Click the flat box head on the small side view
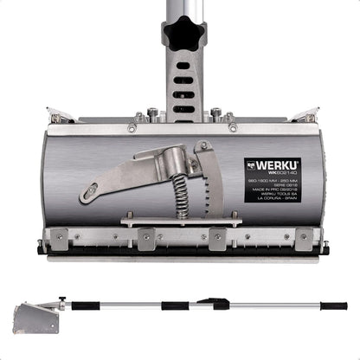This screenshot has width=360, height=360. coord(37,318)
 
